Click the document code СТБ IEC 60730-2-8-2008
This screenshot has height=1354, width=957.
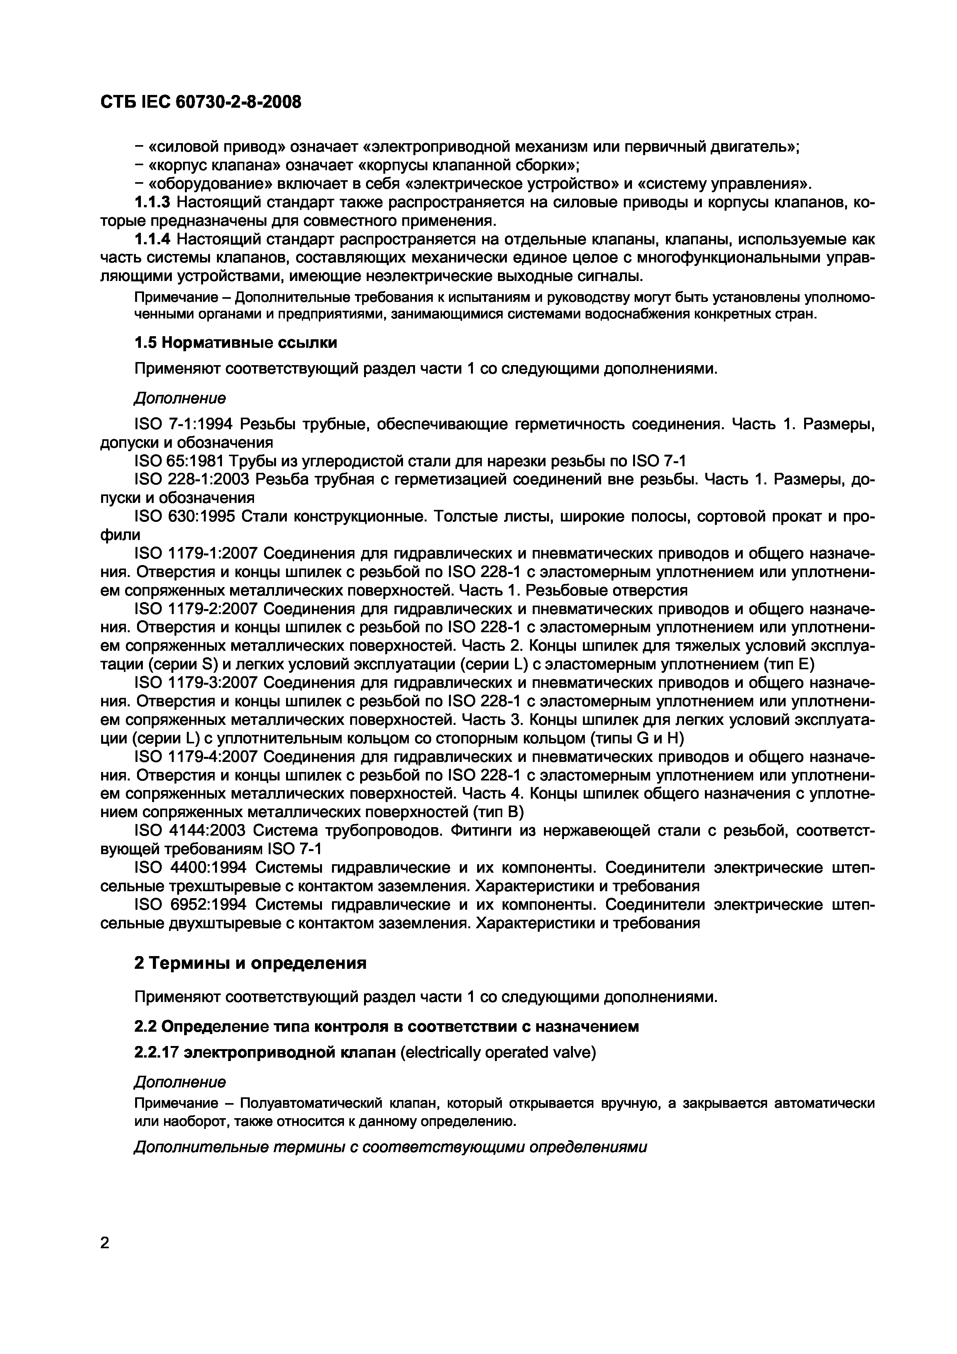(x=200, y=102)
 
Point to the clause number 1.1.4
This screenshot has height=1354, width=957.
(x=153, y=239)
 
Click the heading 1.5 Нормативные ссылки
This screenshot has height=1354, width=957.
(x=236, y=343)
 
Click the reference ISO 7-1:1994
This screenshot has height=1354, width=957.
(x=184, y=424)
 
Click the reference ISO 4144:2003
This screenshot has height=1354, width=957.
(x=190, y=830)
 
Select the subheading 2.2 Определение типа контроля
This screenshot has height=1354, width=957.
(x=386, y=1027)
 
